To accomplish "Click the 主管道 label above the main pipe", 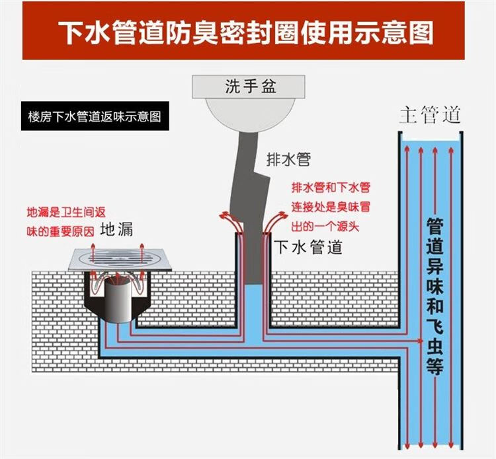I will [x=429, y=116].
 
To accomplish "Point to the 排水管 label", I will [x=288, y=159].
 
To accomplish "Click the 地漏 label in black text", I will [x=117, y=229].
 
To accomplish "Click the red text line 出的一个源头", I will [x=325, y=227].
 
